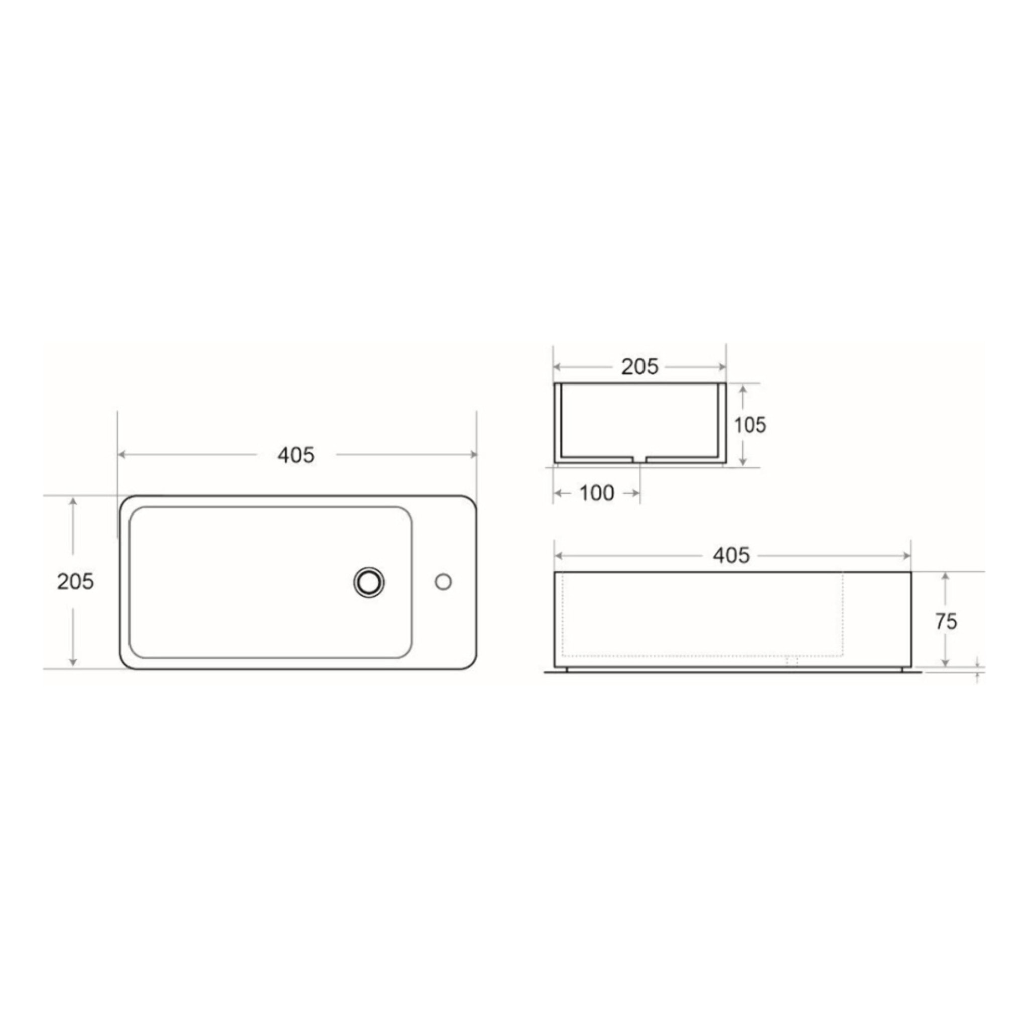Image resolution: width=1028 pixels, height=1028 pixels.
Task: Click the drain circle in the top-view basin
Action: (x=369, y=582)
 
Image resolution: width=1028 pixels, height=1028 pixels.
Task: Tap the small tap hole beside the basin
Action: (x=443, y=582)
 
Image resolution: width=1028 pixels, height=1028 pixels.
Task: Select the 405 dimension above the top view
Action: (x=296, y=455)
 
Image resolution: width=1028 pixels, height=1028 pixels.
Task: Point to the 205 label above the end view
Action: (x=639, y=366)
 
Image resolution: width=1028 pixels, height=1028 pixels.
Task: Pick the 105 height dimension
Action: (x=750, y=425)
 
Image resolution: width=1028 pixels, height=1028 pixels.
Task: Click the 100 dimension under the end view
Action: (x=596, y=493)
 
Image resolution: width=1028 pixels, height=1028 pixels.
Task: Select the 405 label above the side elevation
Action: (x=731, y=556)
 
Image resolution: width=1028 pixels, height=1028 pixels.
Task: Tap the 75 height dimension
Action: (x=946, y=621)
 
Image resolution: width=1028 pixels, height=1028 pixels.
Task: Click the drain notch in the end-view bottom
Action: (x=639, y=458)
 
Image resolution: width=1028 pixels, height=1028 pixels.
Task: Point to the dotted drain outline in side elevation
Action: (x=792, y=661)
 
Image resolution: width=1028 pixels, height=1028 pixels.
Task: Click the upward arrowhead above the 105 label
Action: (x=743, y=389)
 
